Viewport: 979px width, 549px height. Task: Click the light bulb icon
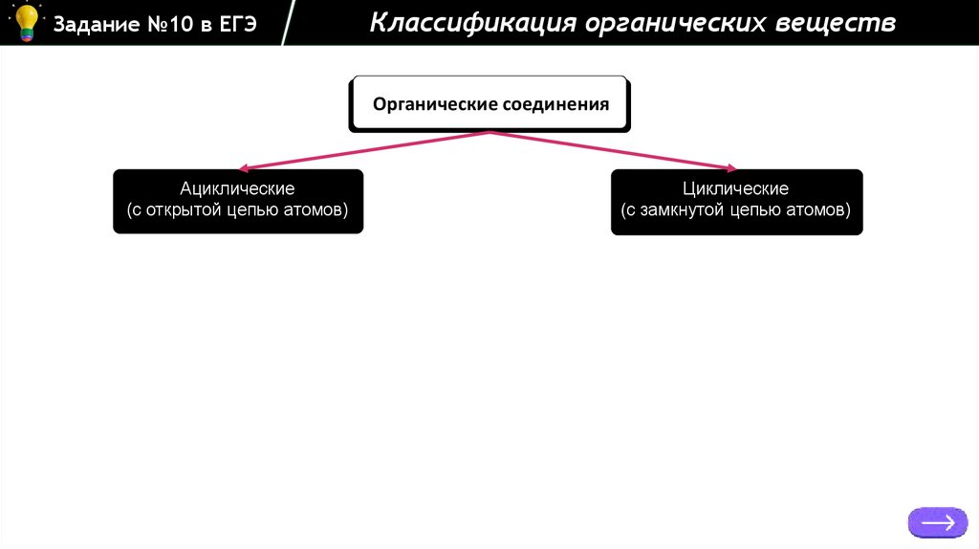pos(25,22)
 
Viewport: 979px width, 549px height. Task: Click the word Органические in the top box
pos(431,104)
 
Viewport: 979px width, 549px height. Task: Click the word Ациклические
pos(237,188)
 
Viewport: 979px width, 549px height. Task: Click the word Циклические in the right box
pos(735,188)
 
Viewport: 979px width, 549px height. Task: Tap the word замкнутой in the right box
pos(681,209)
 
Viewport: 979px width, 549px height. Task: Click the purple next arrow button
pos(938,522)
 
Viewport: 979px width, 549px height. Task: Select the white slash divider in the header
pos(288,24)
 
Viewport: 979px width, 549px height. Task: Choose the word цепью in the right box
pos(755,209)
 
